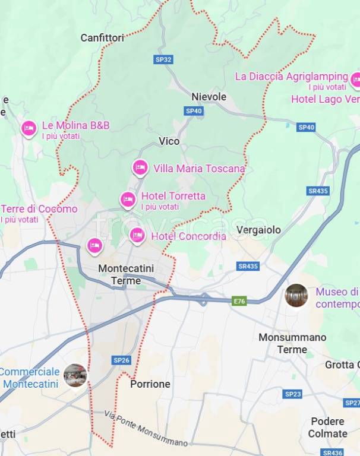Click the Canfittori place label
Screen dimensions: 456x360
(x=102, y=38)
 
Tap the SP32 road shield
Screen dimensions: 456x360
(x=163, y=59)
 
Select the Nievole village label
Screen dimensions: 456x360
(x=209, y=96)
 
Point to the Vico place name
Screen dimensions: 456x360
(x=169, y=141)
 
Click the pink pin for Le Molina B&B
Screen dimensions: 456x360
(x=29, y=128)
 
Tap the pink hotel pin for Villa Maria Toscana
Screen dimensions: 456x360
(x=140, y=167)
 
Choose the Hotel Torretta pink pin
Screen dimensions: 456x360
(x=128, y=199)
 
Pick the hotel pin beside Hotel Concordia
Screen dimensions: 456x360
(x=138, y=236)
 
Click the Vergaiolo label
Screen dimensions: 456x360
(x=258, y=230)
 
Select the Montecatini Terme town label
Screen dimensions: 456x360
(x=126, y=274)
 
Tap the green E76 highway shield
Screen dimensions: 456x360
(x=239, y=301)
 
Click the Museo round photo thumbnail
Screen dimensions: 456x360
(x=296, y=295)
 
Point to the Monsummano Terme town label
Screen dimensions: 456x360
(x=292, y=343)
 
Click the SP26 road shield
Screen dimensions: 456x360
(x=121, y=360)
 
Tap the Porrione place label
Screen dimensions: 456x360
(x=150, y=384)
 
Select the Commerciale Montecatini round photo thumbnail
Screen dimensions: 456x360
(x=75, y=375)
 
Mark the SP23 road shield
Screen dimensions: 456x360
(x=293, y=394)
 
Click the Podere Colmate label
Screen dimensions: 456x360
(x=327, y=427)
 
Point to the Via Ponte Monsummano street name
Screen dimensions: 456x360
(x=146, y=429)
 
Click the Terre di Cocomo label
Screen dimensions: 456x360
(x=39, y=209)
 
